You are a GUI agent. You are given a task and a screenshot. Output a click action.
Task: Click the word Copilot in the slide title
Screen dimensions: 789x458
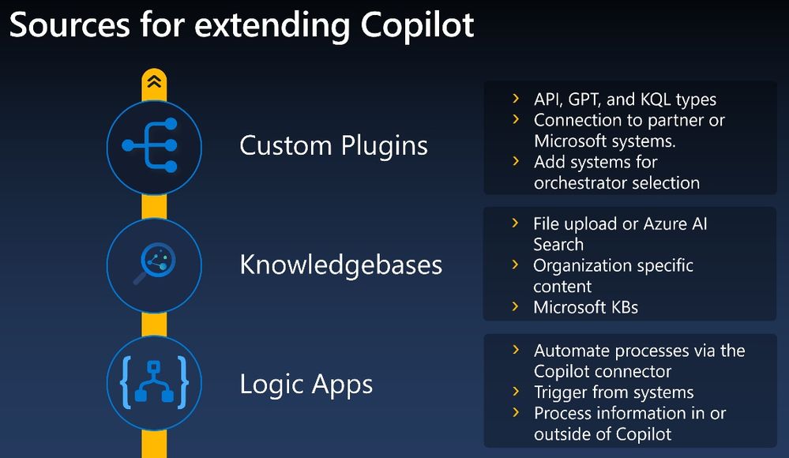tap(417, 25)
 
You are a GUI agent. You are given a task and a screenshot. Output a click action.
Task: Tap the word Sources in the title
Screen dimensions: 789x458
tap(70, 24)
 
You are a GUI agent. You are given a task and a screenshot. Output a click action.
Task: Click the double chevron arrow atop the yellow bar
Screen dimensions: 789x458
tap(154, 81)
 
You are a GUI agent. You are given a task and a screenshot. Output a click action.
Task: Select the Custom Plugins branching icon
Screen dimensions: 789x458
tap(150, 145)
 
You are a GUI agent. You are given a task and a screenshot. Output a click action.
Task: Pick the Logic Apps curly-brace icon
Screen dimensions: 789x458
tap(154, 382)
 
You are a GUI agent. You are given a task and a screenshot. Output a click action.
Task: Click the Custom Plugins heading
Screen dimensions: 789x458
tap(333, 146)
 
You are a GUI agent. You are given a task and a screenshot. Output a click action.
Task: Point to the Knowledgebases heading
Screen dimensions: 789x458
tap(340, 265)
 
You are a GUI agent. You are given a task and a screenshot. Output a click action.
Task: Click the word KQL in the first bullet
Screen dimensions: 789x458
tap(656, 99)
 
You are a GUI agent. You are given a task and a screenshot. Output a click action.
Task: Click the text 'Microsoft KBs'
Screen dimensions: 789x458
tap(586, 307)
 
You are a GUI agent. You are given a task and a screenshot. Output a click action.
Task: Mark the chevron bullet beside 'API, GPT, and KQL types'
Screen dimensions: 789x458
tap(516, 99)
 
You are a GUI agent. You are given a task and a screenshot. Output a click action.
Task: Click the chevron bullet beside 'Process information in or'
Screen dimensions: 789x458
tap(516, 413)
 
